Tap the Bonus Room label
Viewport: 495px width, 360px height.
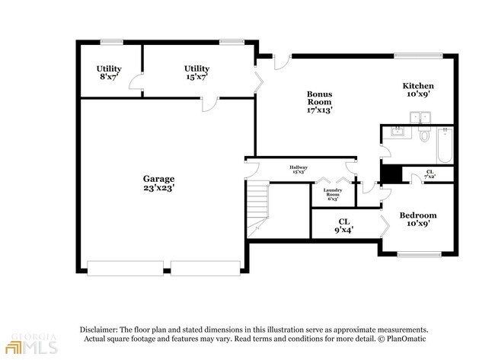[320, 102]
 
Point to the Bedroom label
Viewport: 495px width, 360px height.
[418, 220]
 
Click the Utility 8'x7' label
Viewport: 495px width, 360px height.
[109, 73]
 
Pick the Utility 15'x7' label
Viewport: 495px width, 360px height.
[197, 73]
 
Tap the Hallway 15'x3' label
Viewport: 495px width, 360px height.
[298, 170]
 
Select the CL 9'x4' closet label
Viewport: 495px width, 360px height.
[343, 225]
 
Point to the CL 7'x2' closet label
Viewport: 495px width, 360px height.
[430, 175]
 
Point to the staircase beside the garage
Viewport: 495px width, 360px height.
[259, 204]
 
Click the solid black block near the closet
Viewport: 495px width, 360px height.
[391, 174]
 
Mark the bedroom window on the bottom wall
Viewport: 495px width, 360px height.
[418, 253]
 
